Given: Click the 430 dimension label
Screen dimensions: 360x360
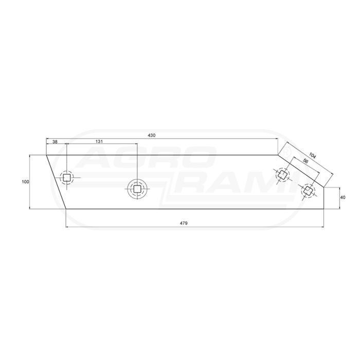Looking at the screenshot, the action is [x=151, y=135].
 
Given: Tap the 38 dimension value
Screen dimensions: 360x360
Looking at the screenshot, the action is [x=55, y=141].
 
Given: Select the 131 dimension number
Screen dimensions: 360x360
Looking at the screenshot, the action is [x=99, y=141].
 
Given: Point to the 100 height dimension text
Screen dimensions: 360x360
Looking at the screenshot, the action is [x=26, y=182].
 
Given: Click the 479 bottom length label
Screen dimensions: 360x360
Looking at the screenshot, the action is [x=184, y=223].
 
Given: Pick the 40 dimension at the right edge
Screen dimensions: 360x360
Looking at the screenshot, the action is [x=343, y=197].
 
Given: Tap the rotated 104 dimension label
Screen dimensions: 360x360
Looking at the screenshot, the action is [x=313, y=156].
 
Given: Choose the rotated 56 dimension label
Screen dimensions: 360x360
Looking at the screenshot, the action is [x=305, y=160].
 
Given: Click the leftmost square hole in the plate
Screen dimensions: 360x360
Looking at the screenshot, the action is [x=67, y=178].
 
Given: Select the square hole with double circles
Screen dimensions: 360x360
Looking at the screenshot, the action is [x=137, y=189].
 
